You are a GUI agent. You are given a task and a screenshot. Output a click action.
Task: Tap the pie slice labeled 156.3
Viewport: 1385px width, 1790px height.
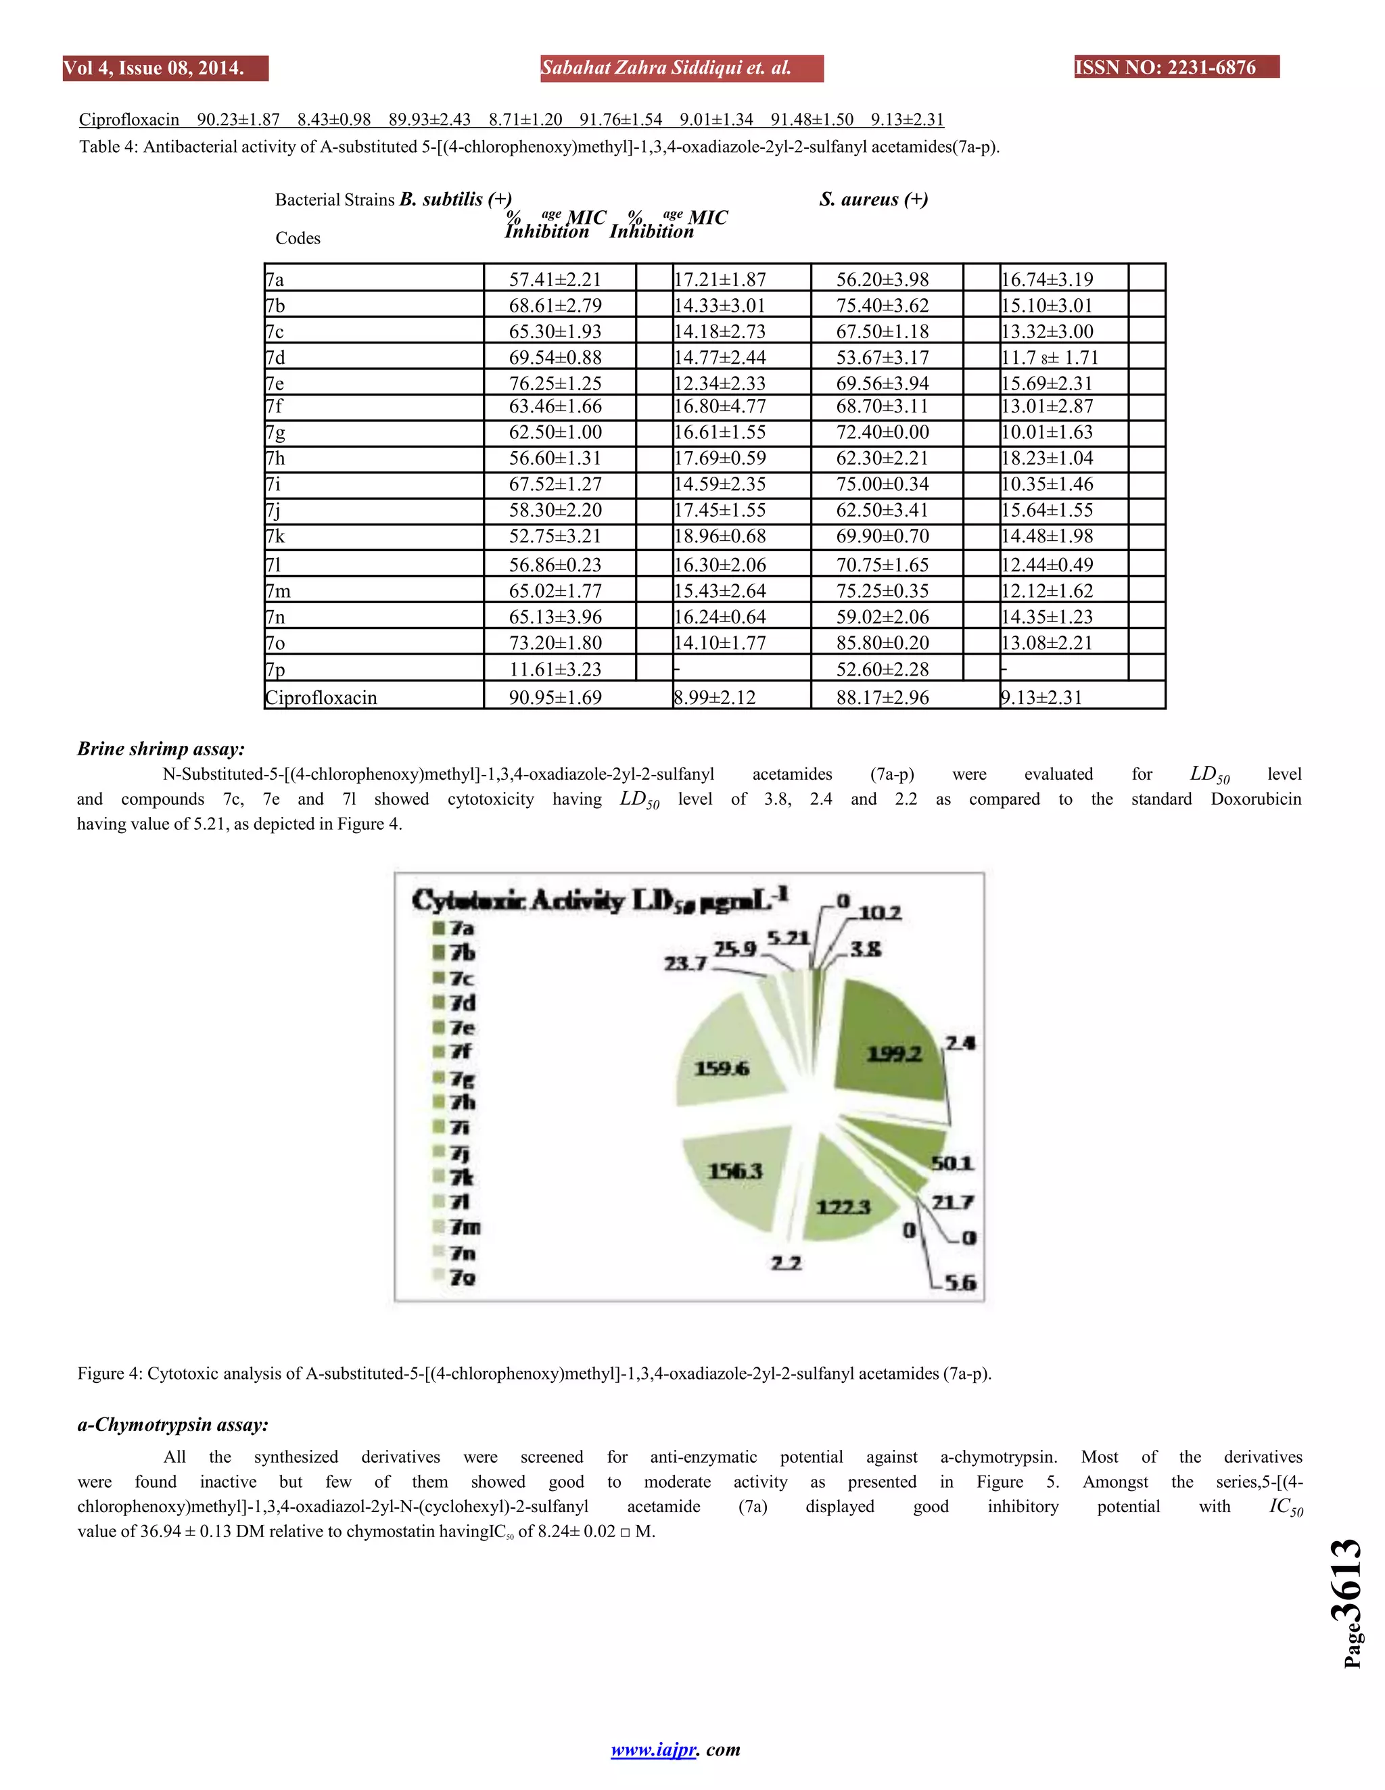point(734,1176)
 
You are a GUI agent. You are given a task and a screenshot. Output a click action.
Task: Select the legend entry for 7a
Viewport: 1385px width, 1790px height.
point(461,928)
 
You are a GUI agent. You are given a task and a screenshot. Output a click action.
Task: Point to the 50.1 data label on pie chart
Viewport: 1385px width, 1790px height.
point(952,1163)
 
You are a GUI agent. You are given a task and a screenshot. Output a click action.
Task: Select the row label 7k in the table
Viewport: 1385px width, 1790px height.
point(275,536)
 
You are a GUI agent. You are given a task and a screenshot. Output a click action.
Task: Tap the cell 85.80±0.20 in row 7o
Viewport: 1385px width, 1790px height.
point(882,642)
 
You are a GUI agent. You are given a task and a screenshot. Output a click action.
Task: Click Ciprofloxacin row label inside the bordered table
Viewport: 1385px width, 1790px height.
point(321,697)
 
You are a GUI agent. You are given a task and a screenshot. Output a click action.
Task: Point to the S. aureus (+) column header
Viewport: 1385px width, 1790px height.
point(873,199)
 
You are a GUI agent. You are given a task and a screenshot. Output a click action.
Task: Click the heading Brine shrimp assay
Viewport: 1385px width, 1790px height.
point(162,749)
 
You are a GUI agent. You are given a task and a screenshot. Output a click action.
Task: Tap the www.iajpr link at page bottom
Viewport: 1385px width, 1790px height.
point(653,1749)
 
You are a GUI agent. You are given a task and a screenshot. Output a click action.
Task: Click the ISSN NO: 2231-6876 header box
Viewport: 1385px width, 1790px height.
point(1176,67)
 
